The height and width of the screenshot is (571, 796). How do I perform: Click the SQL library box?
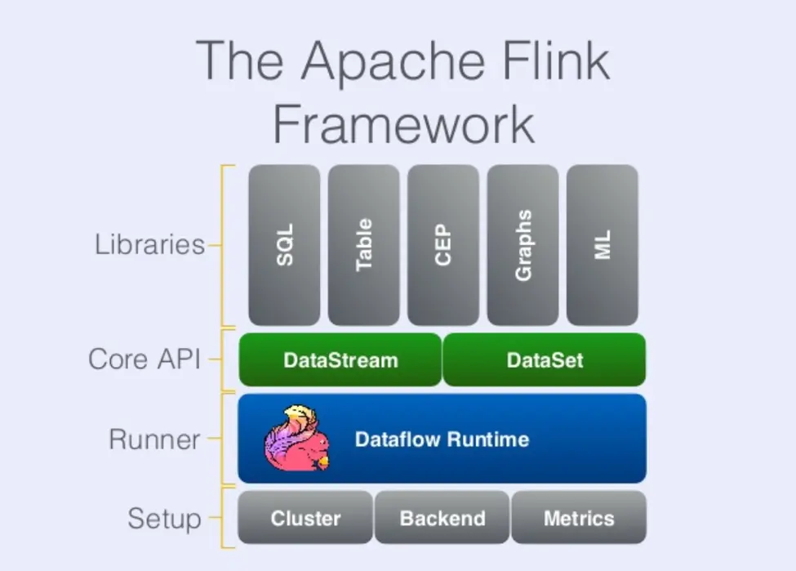coord(284,245)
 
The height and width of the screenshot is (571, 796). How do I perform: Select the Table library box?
coord(363,245)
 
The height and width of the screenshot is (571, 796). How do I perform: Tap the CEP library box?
coord(443,245)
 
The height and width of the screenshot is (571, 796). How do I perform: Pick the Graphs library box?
coord(523,245)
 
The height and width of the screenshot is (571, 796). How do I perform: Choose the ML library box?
coord(602,245)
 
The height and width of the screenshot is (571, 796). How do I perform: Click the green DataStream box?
coord(340,359)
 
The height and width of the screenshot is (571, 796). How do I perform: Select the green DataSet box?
coord(545,359)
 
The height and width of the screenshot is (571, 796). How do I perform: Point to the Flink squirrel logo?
coord(297,437)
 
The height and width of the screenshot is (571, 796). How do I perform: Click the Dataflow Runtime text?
coord(442,439)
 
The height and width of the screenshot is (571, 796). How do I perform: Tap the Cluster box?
coord(305,518)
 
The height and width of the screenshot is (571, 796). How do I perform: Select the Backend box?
coord(442,518)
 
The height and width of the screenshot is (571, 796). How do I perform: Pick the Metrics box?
coord(579,518)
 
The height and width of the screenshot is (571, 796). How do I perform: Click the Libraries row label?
coord(149,244)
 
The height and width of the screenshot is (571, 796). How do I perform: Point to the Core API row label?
coord(145,359)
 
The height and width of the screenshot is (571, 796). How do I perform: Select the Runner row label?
coord(154,439)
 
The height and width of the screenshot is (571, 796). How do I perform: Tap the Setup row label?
coord(164,519)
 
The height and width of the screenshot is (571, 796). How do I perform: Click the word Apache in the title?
coord(393,63)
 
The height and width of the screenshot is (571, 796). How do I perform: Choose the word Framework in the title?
coord(404,124)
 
